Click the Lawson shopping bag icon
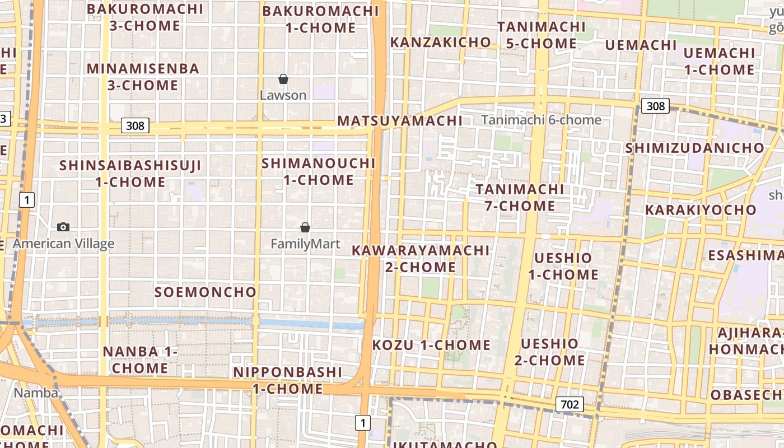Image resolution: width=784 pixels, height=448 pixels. tap(283, 79)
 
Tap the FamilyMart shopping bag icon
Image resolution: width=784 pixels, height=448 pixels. tap(305, 227)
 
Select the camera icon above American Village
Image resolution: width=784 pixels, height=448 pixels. tap(63, 227)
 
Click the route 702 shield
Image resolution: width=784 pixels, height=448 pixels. tap(570, 404)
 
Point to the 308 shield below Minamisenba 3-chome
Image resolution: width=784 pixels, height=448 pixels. tap(136, 125)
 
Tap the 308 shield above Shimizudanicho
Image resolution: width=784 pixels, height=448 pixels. tap(655, 106)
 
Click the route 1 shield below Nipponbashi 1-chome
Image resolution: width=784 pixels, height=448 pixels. tap(363, 423)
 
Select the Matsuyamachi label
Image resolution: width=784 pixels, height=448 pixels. tap(400, 121)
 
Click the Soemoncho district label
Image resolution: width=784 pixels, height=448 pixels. tap(205, 292)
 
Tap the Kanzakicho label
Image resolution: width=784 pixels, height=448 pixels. tap(440, 43)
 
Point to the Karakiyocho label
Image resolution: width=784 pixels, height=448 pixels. tap(701, 211)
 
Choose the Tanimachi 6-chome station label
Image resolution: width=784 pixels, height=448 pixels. tap(541, 120)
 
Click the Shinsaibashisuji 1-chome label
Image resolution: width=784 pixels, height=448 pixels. tap(130, 174)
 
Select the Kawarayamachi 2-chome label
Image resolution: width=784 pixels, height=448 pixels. tap(421, 259)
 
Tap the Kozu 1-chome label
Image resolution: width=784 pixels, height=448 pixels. tap(431, 345)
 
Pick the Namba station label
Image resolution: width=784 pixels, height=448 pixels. tap(36, 393)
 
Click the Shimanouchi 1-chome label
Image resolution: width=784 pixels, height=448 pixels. tap(319, 171)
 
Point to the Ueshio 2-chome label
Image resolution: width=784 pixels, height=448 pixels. tap(549, 352)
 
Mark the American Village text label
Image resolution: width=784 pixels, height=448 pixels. tap(63, 244)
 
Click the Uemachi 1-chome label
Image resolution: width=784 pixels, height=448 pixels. tap(719, 62)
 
